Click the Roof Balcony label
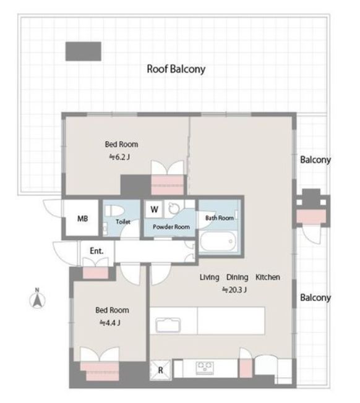coord(176,69)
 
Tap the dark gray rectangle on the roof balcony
coord(83,51)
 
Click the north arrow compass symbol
coord(38,299)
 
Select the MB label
coord(82,219)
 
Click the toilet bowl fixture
coord(114,211)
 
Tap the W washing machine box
coord(154,209)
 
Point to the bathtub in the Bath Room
coord(218,241)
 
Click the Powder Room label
coord(171,227)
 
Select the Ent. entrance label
coord(96,251)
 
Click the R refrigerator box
coord(160,370)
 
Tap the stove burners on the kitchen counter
coord(205,368)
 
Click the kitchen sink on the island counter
coord(168,325)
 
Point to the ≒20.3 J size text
coord(234,290)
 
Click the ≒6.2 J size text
coord(119,157)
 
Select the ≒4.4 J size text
coord(110,323)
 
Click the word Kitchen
coord(268,277)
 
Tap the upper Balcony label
coord(315,159)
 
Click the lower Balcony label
coord(315,298)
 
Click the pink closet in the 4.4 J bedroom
coord(100,370)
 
